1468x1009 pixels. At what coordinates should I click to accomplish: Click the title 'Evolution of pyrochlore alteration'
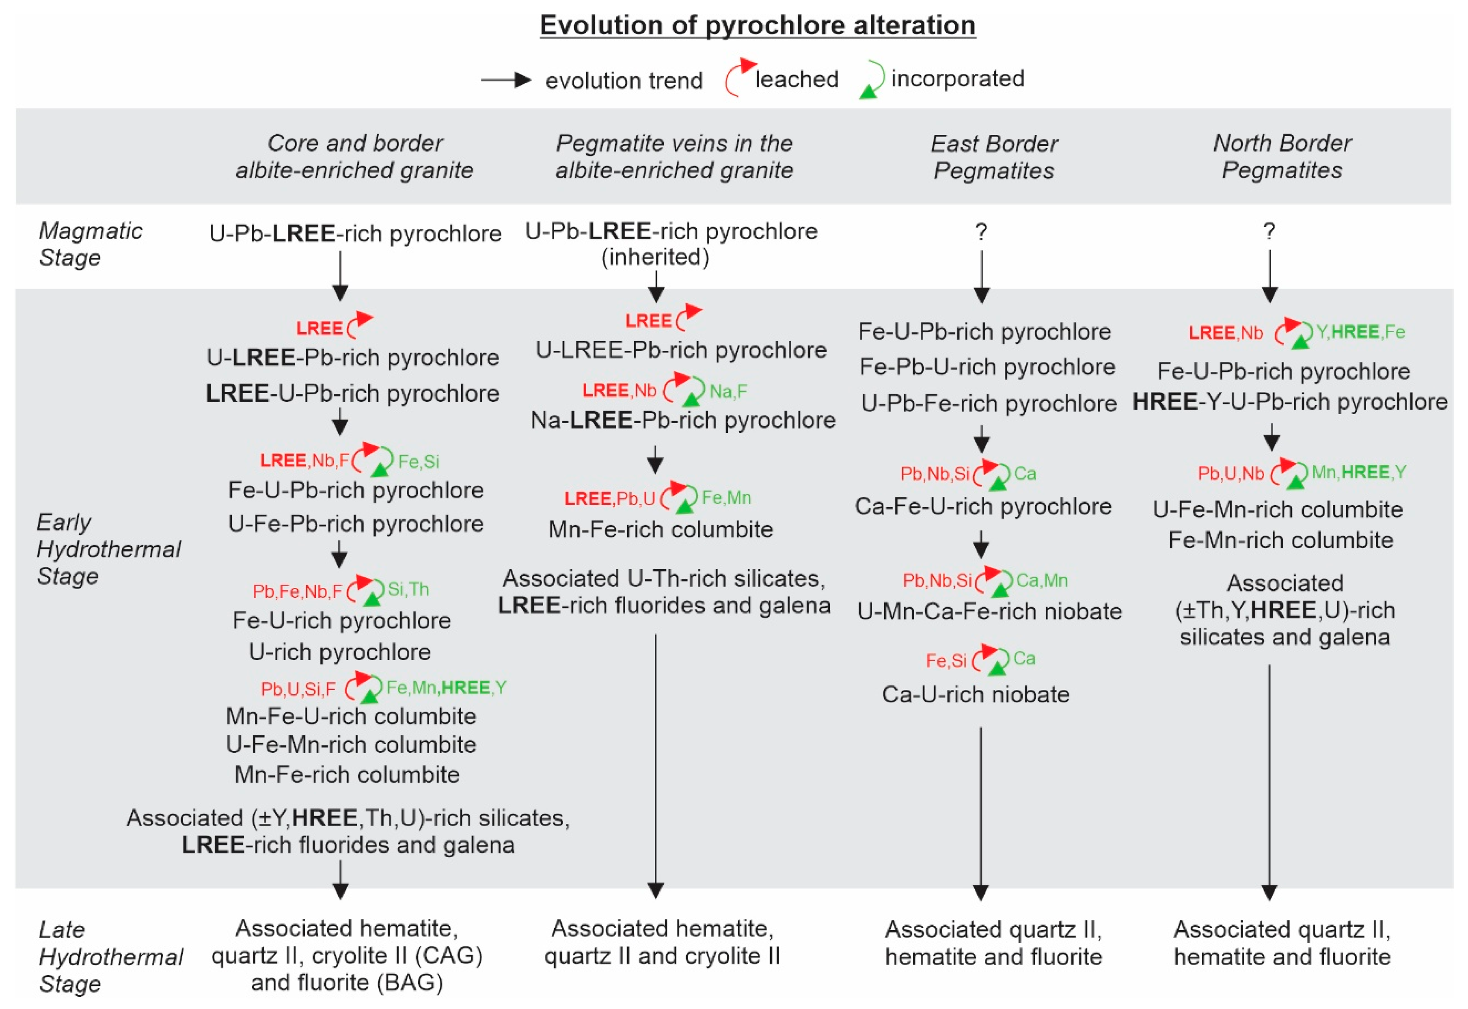coord(757,25)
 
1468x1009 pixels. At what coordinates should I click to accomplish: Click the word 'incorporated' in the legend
coord(957,78)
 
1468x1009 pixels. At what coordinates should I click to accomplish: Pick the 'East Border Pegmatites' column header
coord(994,157)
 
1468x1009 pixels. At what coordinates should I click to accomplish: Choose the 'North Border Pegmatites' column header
coord(1282,157)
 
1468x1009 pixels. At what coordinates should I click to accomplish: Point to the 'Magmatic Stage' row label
coord(91,244)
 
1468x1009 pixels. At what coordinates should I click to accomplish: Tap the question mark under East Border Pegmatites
coord(981,232)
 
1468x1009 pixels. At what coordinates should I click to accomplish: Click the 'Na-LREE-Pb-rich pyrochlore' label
coord(683,420)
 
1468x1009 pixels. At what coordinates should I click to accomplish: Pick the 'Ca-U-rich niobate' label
coord(976,695)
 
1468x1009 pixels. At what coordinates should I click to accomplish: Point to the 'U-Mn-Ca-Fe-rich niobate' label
coord(990,611)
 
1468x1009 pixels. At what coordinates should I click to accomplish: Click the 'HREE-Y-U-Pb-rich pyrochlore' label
coord(1290,402)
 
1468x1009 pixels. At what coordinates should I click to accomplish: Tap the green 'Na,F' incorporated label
coord(728,391)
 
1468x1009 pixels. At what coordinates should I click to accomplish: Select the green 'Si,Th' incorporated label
coord(408,589)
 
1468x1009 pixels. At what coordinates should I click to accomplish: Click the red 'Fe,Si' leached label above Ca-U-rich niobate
coord(946,661)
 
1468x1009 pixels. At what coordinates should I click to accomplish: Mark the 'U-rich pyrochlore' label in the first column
coord(340,652)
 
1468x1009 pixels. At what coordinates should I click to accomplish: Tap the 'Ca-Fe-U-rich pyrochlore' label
coord(983,506)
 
